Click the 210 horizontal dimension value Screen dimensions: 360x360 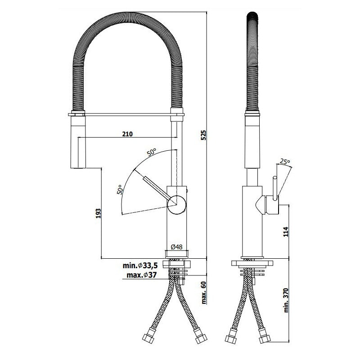pyautogui.click(x=127, y=134)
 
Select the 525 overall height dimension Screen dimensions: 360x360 pyautogui.click(x=204, y=135)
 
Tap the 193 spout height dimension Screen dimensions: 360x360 pyautogui.click(x=98, y=213)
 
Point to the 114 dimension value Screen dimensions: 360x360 pyautogui.click(x=286, y=232)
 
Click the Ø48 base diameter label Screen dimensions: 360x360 pyautogui.click(x=176, y=247)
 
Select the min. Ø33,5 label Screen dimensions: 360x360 pyautogui.click(x=140, y=265)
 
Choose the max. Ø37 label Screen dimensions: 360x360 pyautogui.click(x=142, y=275)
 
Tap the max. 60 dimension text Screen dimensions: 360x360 pyautogui.click(x=204, y=292)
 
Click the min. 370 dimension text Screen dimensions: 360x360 pyautogui.click(x=286, y=300)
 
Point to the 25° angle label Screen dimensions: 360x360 pyautogui.click(x=285, y=162)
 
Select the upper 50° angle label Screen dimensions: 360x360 pyautogui.click(x=152, y=153)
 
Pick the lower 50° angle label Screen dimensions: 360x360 pyautogui.click(x=120, y=189)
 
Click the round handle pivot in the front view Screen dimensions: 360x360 pyautogui.click(x=177, y=205)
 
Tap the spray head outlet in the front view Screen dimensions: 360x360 pyautogui.click(x=78, y=168)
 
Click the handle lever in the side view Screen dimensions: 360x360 pyautogui.click(x=275, y=188)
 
